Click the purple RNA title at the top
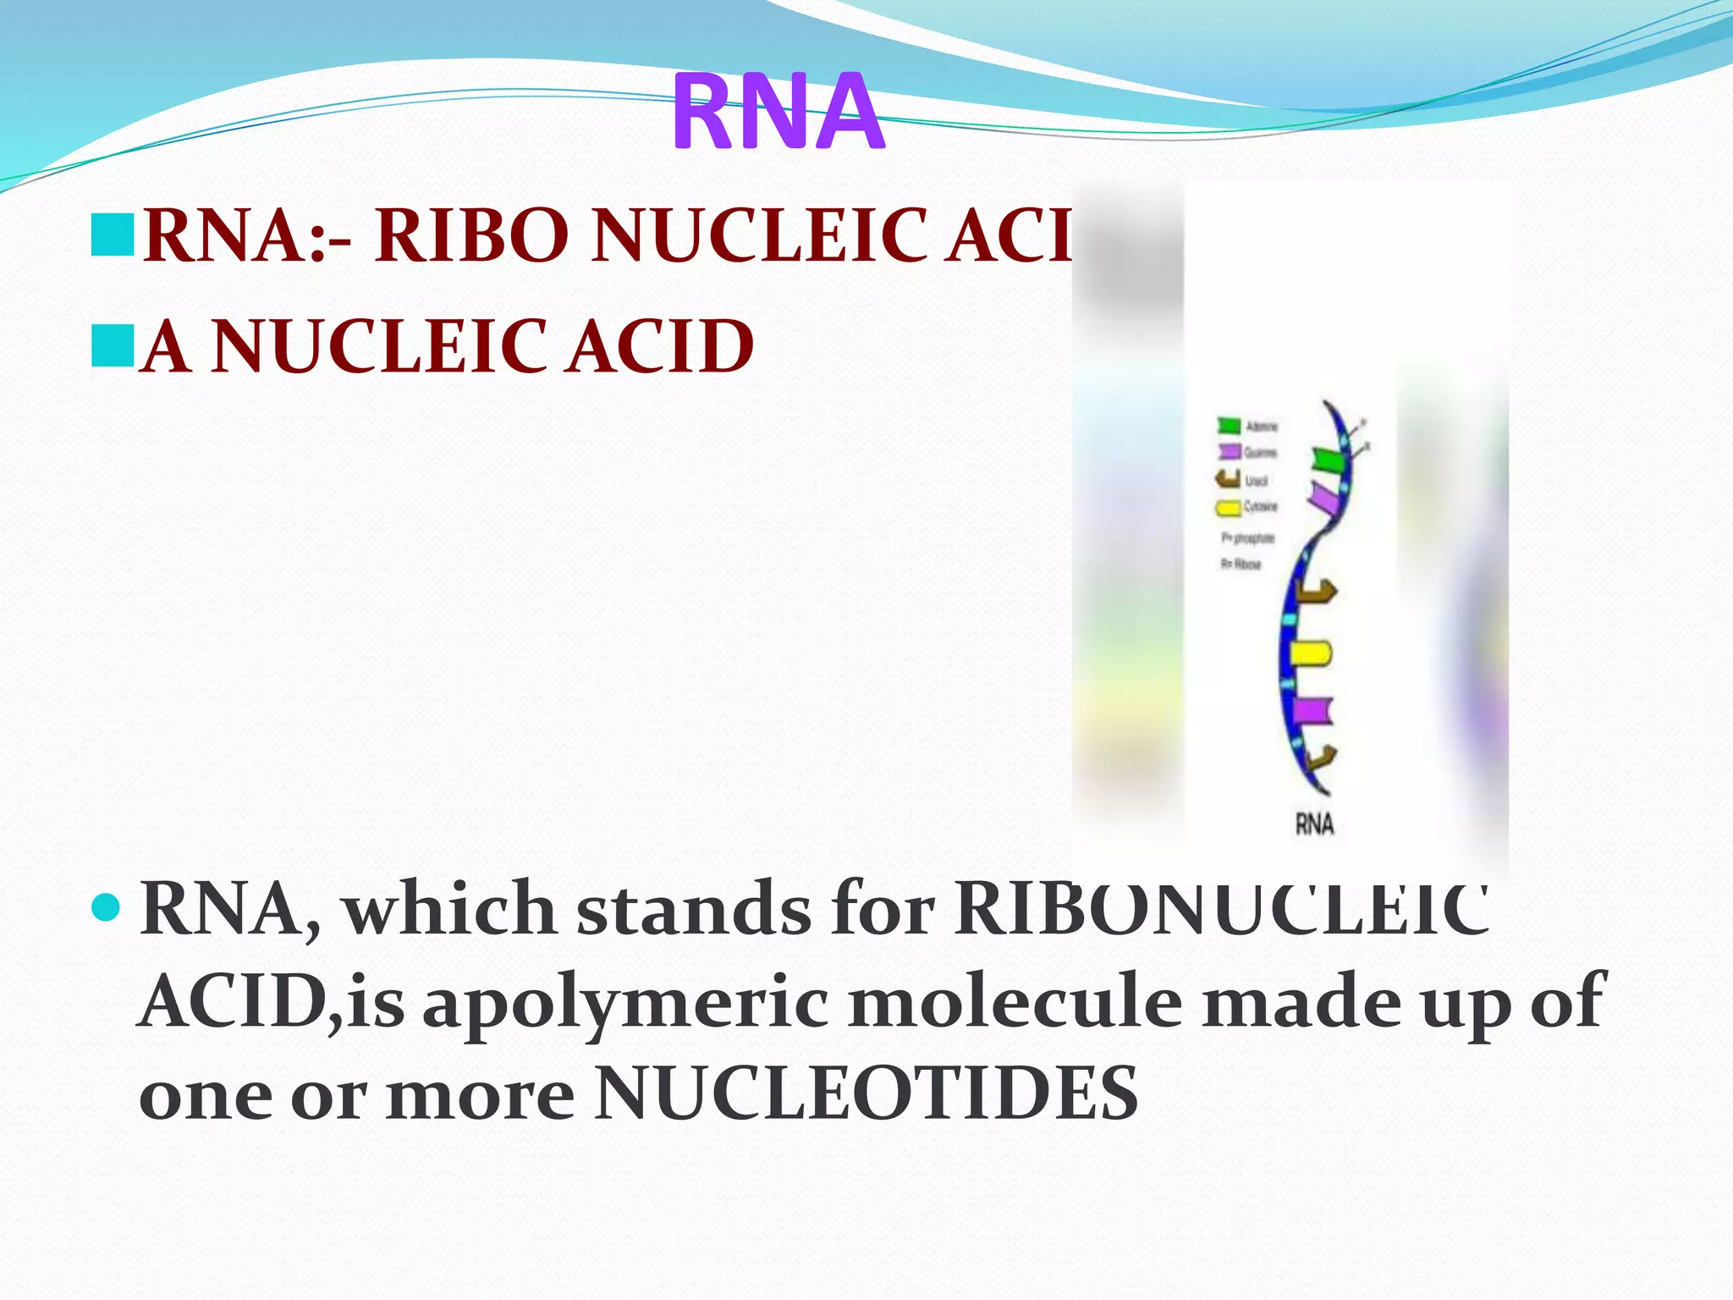(x=778, y=113)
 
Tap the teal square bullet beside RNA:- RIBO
(x=113, y=234)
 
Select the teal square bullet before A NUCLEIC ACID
(x=113, y=345)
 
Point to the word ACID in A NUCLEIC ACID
(x=660, y=346)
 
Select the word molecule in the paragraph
(x=1015, y=1002)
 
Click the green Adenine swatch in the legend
(x=1229, y=425)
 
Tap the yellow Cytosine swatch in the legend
(x=1228, y=508)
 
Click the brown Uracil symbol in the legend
(x=1228, y=480)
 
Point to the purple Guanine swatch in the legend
(x=1229, y=452)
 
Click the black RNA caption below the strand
(x=1314, y=824)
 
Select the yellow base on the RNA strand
(x=1310, y=653)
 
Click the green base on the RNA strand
(x=1328, y=461)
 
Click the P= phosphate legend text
(x=1247, y=537)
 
